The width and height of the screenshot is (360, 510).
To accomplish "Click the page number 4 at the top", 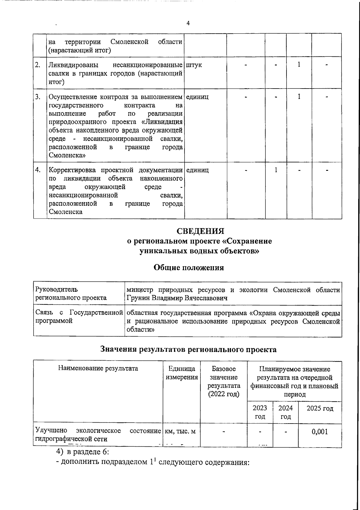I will pyautogui.click(x=188, y=23).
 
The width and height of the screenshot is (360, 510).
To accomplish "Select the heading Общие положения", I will pyautogui.click(x=189, y=267).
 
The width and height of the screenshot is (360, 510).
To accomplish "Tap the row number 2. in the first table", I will pyautogui.click(x=38, y=65).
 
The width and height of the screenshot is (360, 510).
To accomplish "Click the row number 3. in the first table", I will pyautogui.click(x=38, y=97).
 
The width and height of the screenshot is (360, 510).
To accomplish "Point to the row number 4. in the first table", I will pyautogui.click(x=38, y=170).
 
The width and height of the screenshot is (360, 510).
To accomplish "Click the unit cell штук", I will pyautogui.click(x=194, y=65).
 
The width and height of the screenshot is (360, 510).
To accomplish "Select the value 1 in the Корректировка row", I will pyautogui.click(x=276, y=170).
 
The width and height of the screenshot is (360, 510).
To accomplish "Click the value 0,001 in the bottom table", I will pyautogui.click(x=320, y=432).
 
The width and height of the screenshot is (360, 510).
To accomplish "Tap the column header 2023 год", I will pyautogui.click(x=260, y=412).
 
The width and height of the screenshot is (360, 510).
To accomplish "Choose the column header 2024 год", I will pyautogui.click(x=286, y=412).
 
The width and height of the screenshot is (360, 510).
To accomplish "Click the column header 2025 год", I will pyautogui.click(x=320, y=409).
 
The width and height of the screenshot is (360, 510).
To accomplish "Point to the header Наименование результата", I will pyautogui.click(x=98, y=368).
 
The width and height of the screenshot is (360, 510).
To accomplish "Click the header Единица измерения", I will pyautogui.click(x=182, y=373).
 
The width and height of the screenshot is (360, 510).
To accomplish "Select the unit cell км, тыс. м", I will pyautogui.click(x=181, y=431).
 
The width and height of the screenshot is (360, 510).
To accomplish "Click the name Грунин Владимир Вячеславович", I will pyautogui.click(x=177, y=298).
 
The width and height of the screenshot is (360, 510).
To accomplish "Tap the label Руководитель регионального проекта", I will pyautogui.click(x=71, y=294).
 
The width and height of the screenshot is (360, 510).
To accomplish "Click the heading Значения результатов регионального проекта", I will pyautogui.click(x=188, y=349).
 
